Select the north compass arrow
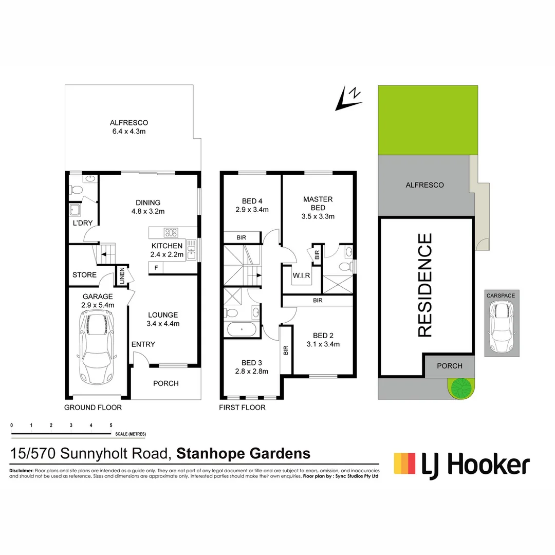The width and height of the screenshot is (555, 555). pyautogui.click(x=347, y=99)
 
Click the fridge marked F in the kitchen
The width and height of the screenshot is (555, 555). pyautogui.click(x=156, y=268)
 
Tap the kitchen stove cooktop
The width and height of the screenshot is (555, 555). pyautogui.click(x=170, y=232)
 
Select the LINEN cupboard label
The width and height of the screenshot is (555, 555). pyautogui.click(x=122, y=276)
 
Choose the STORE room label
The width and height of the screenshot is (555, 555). pyautogui.click(x=84, y=275)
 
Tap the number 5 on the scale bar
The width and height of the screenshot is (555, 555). pyautogui.click(x=111, y=425)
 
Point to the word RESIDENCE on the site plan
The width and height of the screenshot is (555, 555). pyautogui.click(x=425, y=285)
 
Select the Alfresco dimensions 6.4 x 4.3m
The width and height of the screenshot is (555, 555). pyautogui.click(x=128, y=132)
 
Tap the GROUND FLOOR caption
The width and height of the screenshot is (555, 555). pyautogui.click(x=92, y=408)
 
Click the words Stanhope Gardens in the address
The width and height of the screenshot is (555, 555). pyautogui.click(x=243, y=454)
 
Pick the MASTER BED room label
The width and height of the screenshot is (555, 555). pyautogui.click(x=318, y=203)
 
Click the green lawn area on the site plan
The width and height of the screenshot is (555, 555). pyautogui.click(x=428, y=120)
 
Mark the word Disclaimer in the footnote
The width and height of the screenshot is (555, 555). pyautogui.click(x=21, y=471)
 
